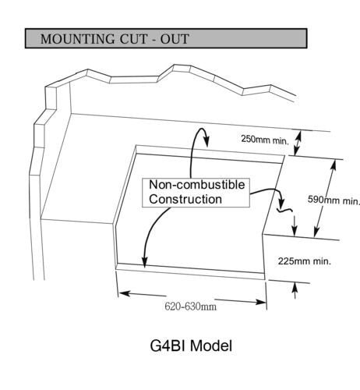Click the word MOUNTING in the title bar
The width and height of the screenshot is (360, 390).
(x=78, y=39)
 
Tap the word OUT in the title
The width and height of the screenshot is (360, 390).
(x=175, y=39)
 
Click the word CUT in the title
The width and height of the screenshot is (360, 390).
(x=133, y=39)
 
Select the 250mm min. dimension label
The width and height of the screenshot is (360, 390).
(x=265, y=140)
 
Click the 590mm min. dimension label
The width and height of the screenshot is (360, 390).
(x=334, y=200)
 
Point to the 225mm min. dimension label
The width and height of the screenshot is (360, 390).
(x=305, y=261)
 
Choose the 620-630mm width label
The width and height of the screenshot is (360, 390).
(x=190, y=307)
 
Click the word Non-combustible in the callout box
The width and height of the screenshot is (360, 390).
(x=197, y=185)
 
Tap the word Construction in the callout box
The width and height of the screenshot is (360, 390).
(x=185, y=200)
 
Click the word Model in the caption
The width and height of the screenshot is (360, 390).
(x=211, y=346)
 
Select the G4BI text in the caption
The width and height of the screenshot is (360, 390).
(x=168, y=346)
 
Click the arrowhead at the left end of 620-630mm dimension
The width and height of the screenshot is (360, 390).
(x=124, y=293)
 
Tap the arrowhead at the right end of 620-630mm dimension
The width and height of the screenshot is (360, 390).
(x=261, y=302)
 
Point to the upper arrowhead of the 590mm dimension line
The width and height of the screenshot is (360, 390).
(x=334, y=165)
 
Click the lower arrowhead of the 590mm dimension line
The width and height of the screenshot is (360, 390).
(x=316, y=232)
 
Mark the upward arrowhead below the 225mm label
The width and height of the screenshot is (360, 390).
(x=295, y=288)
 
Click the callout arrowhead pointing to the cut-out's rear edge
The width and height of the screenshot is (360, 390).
(x=206, y=142)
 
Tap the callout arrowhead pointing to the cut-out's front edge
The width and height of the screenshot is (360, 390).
(x=144, y=261)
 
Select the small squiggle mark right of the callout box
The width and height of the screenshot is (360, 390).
(x=284, y=209)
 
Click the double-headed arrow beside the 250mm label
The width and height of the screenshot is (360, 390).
(x=298, y=144)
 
